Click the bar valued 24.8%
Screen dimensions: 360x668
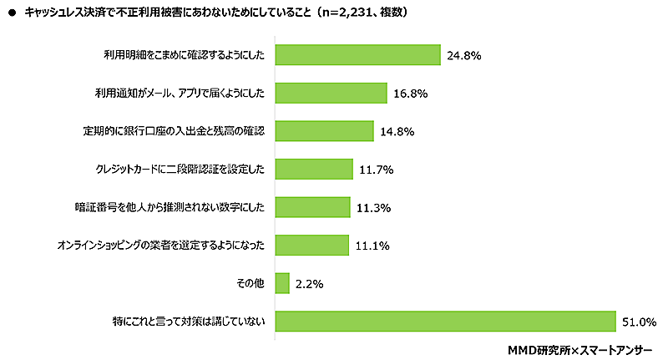pos(357,54)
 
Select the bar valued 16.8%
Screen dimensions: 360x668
pos(331,93)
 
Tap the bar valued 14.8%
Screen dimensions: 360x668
pos(324,131)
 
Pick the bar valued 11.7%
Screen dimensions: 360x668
pos(314,169)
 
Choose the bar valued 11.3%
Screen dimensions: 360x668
pos(312,207)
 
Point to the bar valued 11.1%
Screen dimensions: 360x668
pos(311,245)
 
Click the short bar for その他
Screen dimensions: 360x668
pos(282,283)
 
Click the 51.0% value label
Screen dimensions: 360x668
pos(639,322)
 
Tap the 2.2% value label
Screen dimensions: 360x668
pos(310,284)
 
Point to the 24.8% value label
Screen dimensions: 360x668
pos(465,55)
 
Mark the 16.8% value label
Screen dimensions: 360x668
pos(411,94)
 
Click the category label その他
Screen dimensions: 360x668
pos(250,283)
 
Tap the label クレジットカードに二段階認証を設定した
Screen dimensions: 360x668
pos(180,170)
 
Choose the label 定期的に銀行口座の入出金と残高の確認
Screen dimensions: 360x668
pos(174,131)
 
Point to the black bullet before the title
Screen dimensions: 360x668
pos(13,13)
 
